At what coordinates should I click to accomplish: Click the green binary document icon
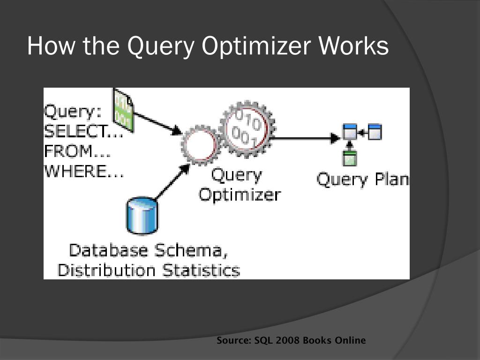(123, 111)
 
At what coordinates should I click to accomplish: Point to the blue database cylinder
(142, 216)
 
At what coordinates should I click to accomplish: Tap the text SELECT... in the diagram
(83, 132)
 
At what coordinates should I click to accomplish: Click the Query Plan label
(362, 180)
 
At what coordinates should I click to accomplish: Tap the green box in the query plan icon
(349, 159)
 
